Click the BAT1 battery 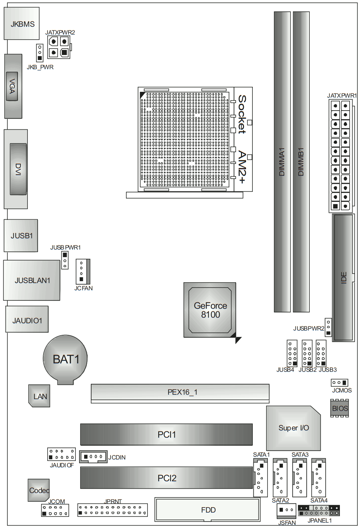point(65,359)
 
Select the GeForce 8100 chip point(210,310)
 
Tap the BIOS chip point(340,408)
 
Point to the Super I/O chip point(293,428)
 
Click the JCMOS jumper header point(339,382)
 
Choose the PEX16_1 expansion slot point(180,392)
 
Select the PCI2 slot point(166,478)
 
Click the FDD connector point(207,510)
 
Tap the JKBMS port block point(22,24)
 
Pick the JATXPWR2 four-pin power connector point(59,47)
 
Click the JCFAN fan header point(83,271)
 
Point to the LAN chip point(40,396)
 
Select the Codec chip point(39,490)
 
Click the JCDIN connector point(93,457)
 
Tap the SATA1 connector point(260,478)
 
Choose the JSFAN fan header point(286,510)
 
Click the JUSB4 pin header point(292,353)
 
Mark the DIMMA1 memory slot point(282,162)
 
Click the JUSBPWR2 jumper point(328,327)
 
